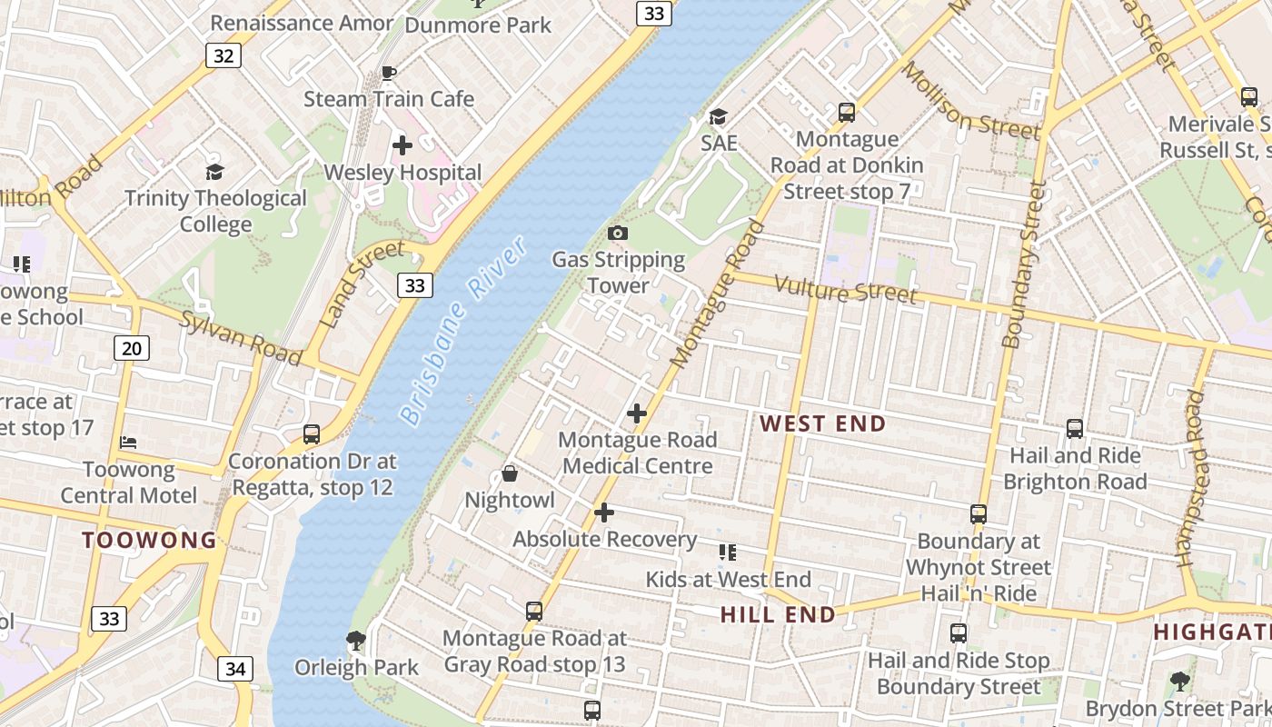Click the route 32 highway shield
(x=224, y=55)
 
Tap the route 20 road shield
(x=132, y=348)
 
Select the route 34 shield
(x=235, y=670)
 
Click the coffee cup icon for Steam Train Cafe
(x=389, y=73)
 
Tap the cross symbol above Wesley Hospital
(x=402, y=144)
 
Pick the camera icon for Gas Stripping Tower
(x=618, y=234)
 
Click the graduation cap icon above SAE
(x=718, y=116)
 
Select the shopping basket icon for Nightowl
(x=510, y=473)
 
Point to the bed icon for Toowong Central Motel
(x=128, y=443)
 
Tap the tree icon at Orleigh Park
(x=356, y=641)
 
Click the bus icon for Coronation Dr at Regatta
(x=312, y=434)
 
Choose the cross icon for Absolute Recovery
(x=604, y=513)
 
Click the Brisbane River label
(x=462, y=331)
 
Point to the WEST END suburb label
(x=822, y=423)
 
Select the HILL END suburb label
(x=778, y=615)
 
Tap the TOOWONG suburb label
(x=150, y=541)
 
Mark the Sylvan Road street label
(x=240, y=337)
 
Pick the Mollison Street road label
(x=969, y=101)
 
